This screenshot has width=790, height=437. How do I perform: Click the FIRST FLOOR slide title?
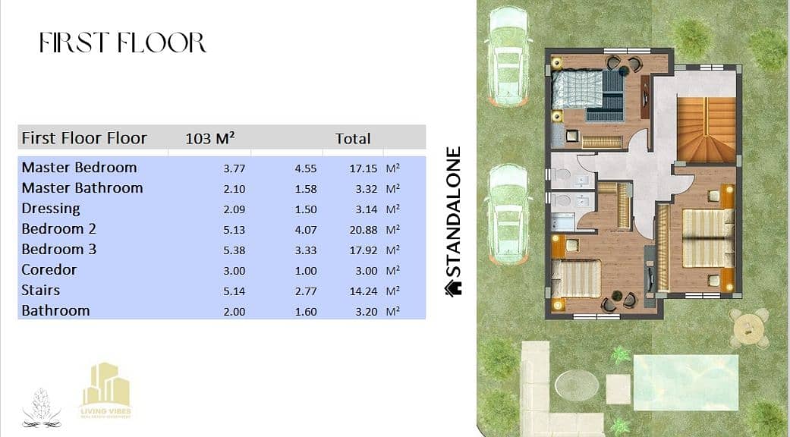tap(123, 42)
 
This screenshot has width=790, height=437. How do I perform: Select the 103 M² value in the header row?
tap(210, 138)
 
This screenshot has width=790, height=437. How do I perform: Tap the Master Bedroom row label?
tap(79, 167)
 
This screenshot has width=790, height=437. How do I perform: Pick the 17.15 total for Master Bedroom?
tap(364, 168)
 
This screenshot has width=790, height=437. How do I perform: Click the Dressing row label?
tap(51, 209)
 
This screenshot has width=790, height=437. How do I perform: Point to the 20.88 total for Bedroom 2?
tap(364, 230)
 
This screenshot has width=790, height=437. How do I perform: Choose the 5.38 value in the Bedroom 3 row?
tap(234, 250)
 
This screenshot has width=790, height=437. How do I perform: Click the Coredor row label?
tap(49, 270)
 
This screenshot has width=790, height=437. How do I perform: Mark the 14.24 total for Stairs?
tap(364, 291)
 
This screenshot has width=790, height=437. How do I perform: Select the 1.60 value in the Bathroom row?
tap(306, 312)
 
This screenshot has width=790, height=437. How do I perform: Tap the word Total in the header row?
tap(353, 138)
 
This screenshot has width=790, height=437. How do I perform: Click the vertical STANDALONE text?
tap(454, 212)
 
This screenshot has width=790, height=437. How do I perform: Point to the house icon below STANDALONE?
tap(453, 288)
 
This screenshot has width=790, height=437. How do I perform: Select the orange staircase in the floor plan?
tap(706, 130)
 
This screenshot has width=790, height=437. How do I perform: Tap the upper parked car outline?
tap(509, 56)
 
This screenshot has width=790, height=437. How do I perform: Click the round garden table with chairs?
tap(749, 329)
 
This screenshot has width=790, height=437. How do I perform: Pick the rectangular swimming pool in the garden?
tap(686, 375)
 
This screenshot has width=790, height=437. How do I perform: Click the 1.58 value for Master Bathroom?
tap(306, 190)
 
